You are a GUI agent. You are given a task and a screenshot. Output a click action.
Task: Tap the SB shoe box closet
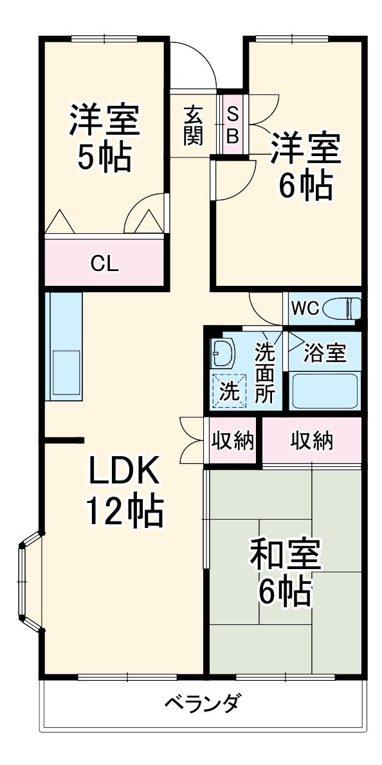[233, 125]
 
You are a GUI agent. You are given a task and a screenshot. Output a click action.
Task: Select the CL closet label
[104, 263]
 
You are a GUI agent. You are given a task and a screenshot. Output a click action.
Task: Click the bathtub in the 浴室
[324, 390]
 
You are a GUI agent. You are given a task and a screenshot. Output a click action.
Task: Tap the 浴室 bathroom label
[325, 353]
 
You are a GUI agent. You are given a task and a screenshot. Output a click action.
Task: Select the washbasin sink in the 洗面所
[223, 353]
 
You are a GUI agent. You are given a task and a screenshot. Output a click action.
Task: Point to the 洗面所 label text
[264, 373]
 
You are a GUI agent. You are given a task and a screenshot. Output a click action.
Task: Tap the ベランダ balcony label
[201, 702]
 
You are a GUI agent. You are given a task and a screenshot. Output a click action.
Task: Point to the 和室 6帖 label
[285, 574]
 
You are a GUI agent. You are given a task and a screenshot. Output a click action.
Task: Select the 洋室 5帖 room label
[104, 138]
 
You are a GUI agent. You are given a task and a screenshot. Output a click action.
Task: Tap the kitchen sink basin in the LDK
[66, 373]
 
